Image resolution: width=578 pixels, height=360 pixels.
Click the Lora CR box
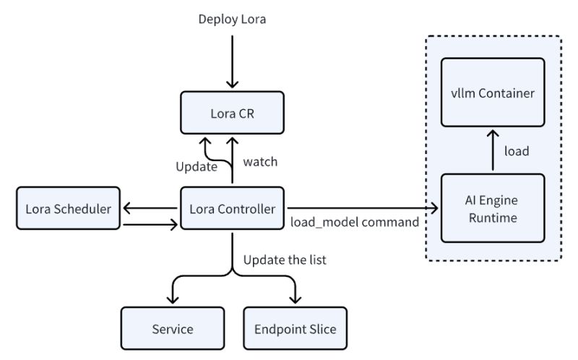pyautogui.click(x=231, y=116)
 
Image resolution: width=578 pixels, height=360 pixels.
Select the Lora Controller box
pyautogui.click(x=231, y=209)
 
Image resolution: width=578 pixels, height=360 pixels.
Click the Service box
pyautogui.click(x=173, y=329)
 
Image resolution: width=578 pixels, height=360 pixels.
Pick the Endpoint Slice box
pyautogui.click(x=296, y=329)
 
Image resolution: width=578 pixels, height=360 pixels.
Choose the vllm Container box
pyautogui.click(x=492, y=93)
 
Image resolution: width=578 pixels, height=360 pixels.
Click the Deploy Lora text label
pyautogui.click(x=232, y=20)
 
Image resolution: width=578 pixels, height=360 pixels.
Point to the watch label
pyautogui.click(x=260, y=162)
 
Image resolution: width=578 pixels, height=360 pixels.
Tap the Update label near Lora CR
pyautogui.click(x=197, y=167)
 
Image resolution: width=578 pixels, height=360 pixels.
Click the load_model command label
pyautogui.click(x=354, y=222)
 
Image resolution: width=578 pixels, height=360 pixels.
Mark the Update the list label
pyautogui.click(x=285, y=260)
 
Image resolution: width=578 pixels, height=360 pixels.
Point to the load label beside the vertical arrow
pyautogui.click(x=516, y=151)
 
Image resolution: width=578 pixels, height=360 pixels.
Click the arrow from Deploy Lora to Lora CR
pyautogui.click(x=232, y=61)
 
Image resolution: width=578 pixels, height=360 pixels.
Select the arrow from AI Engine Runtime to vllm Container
pyautogui.click(x=493, y=150)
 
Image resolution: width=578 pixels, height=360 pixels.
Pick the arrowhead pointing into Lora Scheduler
pyautogui.click(x=126, y=209)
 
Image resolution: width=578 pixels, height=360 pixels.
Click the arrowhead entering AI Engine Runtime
pyautogui.click(x=435, y=209)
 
